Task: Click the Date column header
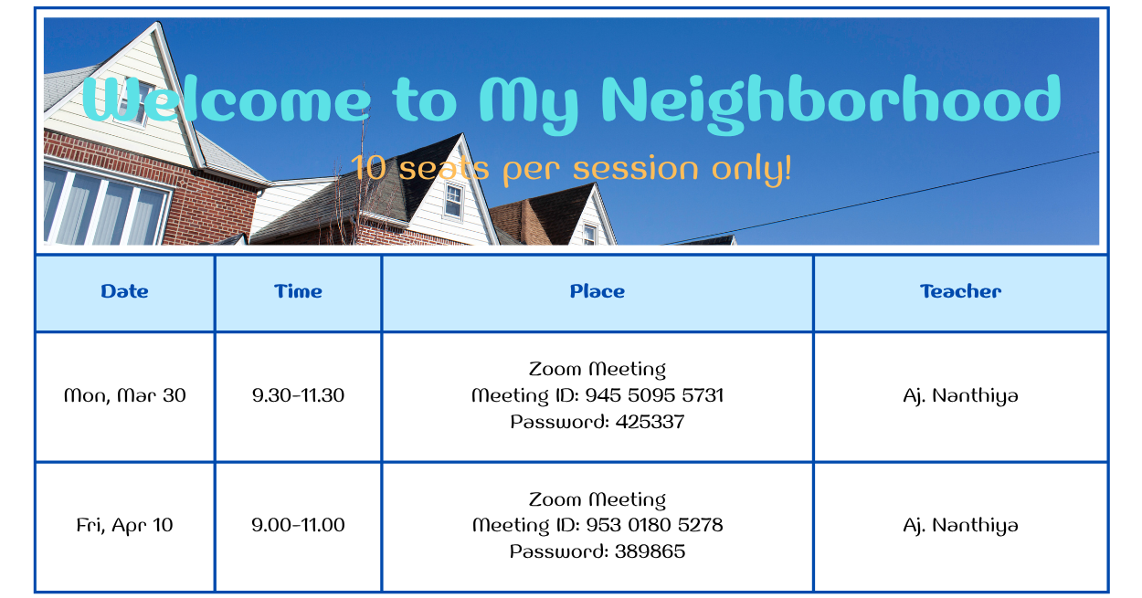[x=124, y=291]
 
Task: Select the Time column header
[x=298, y=291]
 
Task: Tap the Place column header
[x=597, y=291]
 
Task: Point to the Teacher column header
[x=960, y=291]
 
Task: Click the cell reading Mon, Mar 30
[x=125, y=396]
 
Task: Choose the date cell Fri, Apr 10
[x=125, y=525]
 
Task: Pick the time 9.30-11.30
[x=298, y=395]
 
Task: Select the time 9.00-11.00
[x=298, y=525]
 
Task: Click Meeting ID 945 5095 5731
[x=597, y=396]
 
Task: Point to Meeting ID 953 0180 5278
[x=597, y=525]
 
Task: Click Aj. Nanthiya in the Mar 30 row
[x=960, y=396]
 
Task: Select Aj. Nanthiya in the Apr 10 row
[x=960, y=525]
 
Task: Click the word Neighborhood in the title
[x=831, y=104]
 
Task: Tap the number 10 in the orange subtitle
[x=368, y=168]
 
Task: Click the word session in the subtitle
[x=635, y=168]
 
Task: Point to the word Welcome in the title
[x=227, y=100]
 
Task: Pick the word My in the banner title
[x=529, y=105]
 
